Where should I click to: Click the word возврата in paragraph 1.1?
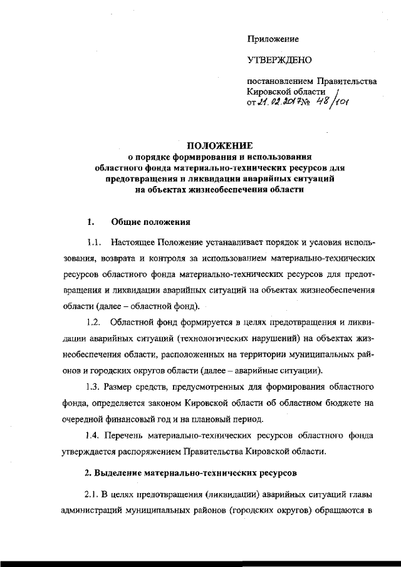point(117,257)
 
